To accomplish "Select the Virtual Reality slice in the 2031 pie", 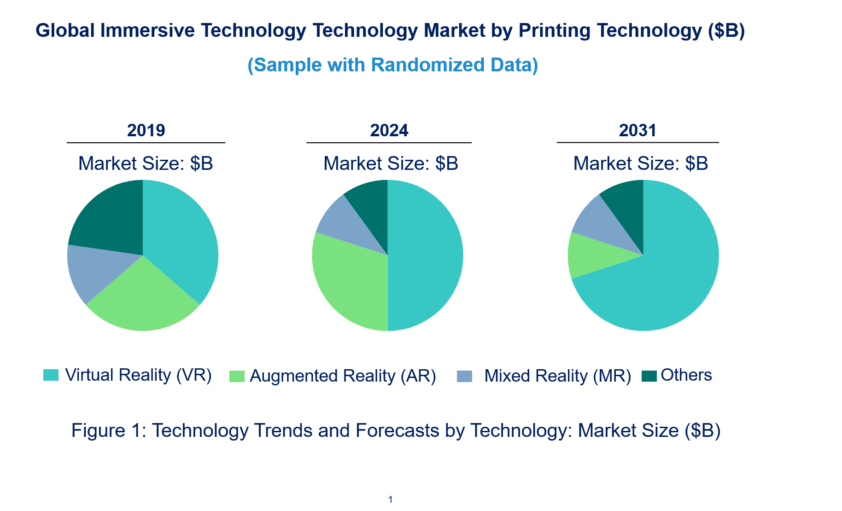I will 663,276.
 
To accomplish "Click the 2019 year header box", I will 146,130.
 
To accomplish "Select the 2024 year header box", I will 389,130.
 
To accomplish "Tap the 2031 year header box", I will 637,130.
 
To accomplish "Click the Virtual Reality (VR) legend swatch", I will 51,375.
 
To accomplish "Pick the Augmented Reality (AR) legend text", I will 343,376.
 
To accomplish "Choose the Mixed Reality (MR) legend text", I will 557,376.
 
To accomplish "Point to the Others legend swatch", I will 649,376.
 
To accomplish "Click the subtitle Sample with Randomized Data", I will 392,65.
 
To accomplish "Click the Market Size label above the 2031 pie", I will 640,163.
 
